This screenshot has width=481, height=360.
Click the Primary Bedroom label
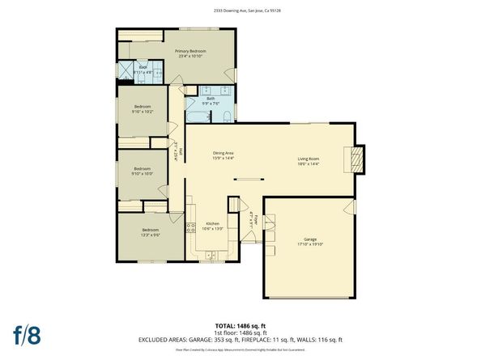click(191, 51)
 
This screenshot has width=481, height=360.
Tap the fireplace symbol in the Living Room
click(355, 160)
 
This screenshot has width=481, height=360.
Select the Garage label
click(310, 239)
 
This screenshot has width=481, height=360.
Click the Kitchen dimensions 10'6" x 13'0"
click(212, 229)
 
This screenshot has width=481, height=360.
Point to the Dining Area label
click(223, 153)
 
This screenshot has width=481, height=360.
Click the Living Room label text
click(309, 159)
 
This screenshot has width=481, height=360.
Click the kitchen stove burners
click(191, 228)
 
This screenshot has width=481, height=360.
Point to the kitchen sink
click(209, 256)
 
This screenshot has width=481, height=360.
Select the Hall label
click(180, 150)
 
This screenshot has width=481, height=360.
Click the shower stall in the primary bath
click(127, 72)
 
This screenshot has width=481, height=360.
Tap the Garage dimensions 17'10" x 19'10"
click(310, 244)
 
